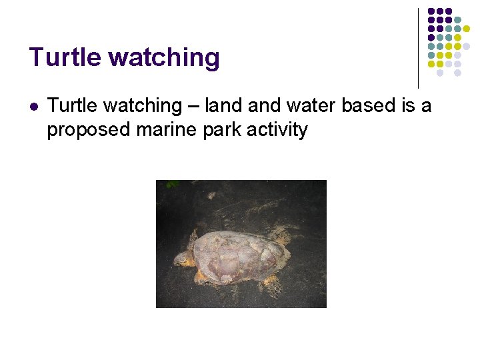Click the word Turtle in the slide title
pyautogui.click(x=65, y=58)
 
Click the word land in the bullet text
pyautogui.click(x=220, y=105)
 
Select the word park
pyautogui.click(x=220, y=129)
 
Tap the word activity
pyautogui.click(x=277, y=129)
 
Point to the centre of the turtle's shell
pyautogui.click(x=233, y=255)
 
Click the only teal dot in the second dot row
pyautogui.click(x=457, y=21)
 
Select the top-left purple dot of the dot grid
pyautogui.click(x=431, y=12)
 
